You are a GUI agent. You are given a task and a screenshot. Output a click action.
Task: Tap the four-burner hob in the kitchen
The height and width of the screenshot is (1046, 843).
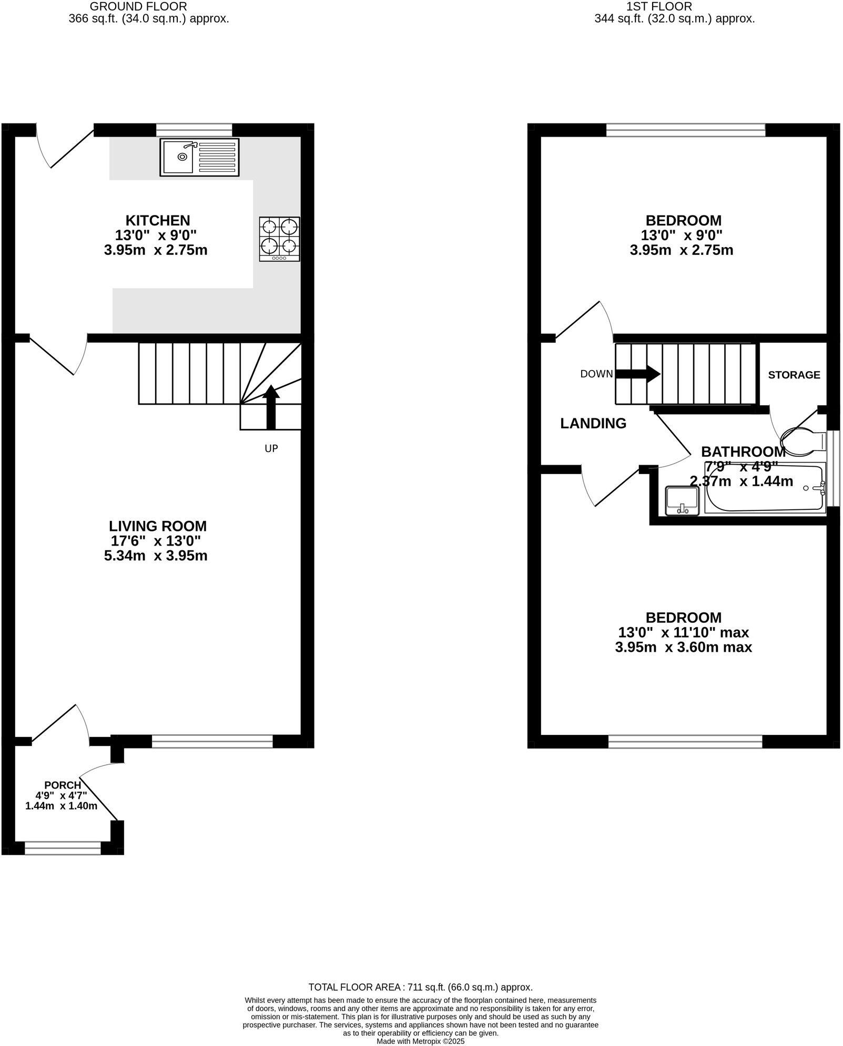click(x=279, y=239)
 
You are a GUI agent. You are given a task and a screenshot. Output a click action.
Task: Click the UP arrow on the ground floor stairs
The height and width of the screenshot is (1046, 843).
click(x=270, y=407)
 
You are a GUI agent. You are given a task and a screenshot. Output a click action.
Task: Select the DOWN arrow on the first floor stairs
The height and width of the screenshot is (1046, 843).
click(x=637, y=374)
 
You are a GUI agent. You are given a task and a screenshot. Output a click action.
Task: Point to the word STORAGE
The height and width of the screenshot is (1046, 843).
click(x=794, y=375)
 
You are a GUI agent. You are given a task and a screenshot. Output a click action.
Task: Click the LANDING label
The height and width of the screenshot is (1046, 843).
click(x=593, y=423)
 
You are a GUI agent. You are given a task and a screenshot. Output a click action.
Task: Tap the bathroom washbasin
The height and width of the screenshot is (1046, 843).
click(x=682, y=501)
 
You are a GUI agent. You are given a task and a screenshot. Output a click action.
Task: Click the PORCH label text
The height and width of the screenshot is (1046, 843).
click(x=63, y=785)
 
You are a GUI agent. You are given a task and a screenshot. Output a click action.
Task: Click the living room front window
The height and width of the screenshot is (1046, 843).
click(x=212, y=741)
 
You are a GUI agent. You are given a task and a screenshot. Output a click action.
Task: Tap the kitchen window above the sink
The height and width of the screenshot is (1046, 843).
click(x=194, y=129)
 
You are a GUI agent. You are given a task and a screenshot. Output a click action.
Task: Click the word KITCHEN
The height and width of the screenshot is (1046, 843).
click(x=157, y=220)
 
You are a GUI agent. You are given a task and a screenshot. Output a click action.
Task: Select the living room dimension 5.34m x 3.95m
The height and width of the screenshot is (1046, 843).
click(x=156, y=556)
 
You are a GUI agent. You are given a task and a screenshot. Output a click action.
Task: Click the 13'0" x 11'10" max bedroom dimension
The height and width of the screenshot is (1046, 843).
click(x=683, y=632)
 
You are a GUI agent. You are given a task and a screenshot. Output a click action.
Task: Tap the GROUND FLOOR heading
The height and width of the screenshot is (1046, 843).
click(x=138, y=7)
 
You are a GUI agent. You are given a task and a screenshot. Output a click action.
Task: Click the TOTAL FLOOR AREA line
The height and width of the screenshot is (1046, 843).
click(x=420, y=987)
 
